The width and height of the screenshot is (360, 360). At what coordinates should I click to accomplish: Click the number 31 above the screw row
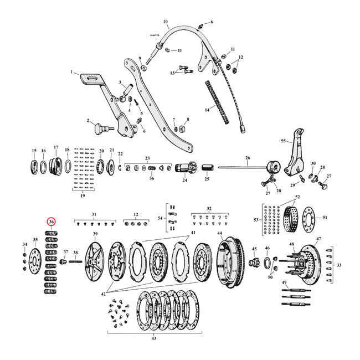coord(94,214)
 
